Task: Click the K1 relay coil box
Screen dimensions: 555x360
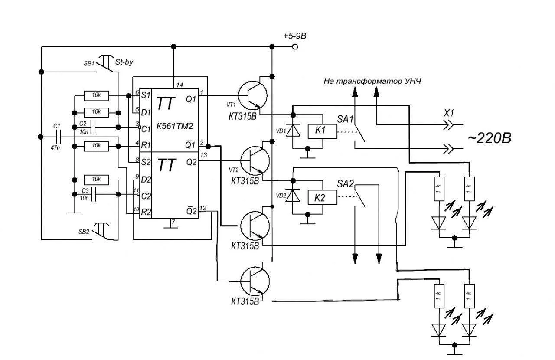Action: point(322,131)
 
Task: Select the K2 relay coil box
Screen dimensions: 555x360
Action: point(322,197)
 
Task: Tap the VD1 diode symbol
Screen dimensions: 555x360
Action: point(293,131)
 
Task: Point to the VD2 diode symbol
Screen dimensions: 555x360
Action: point(293,195)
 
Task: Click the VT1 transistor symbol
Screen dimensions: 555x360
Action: point(253,95)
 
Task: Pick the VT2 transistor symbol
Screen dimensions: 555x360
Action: point(255,161)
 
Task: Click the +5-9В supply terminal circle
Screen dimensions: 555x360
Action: point(295,46)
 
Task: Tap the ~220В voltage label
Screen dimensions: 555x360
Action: point(490,138)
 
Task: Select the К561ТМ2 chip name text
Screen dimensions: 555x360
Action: point(175,126)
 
